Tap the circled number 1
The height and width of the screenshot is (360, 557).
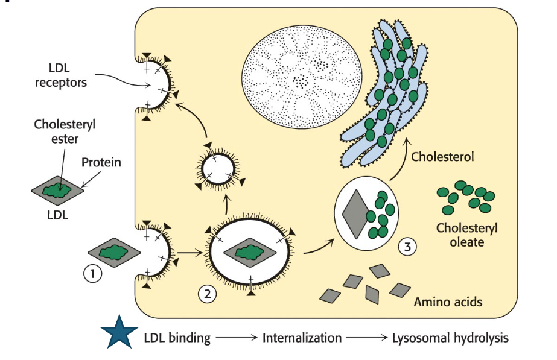[x=92, y=274]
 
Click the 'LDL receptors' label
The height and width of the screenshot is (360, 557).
[x=60, y=75]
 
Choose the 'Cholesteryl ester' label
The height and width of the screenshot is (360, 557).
[x=65, y=131]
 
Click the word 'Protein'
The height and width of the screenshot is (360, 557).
[x=101, y=162]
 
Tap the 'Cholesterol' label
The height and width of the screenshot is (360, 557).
[x=442, y=157]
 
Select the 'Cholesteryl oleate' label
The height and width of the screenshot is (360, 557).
[x=463, y=235]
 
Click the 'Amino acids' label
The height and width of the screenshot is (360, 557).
[x=448, y=302]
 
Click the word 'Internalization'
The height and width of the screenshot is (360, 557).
[x=302, y=338]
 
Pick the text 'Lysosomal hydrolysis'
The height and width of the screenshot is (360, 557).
[x=450, y=338]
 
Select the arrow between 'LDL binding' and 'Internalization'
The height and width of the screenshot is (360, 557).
[x=237, y=338]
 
